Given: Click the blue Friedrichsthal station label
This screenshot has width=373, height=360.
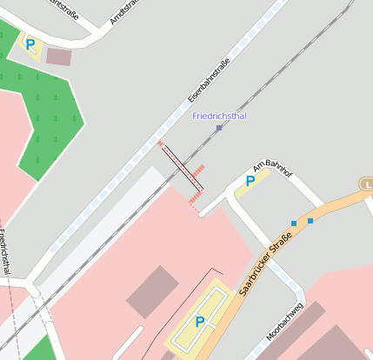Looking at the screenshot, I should (x=218, y=115).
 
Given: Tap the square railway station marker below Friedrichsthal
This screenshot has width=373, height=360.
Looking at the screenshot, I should (x=219, y=128).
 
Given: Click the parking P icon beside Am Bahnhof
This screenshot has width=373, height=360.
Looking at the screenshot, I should (x=250, y=181).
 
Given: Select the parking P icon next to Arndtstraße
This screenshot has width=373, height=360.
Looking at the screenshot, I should (x=31, y=43).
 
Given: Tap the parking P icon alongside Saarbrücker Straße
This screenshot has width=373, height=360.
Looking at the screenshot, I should (x=200, y=322).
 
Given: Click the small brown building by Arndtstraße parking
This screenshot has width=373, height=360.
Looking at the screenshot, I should (x=59, y=57).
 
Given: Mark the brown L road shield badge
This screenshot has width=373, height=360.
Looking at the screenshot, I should (x=366, y=184).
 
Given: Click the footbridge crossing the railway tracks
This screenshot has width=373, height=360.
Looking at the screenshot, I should (x=182, y=168).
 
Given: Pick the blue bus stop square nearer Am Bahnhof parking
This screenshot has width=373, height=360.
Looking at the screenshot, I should (x=294, y=223).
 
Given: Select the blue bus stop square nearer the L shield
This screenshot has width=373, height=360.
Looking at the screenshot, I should (x=310, y=221).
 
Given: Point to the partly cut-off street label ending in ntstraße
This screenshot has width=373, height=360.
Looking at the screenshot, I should (x=69, y=7).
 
